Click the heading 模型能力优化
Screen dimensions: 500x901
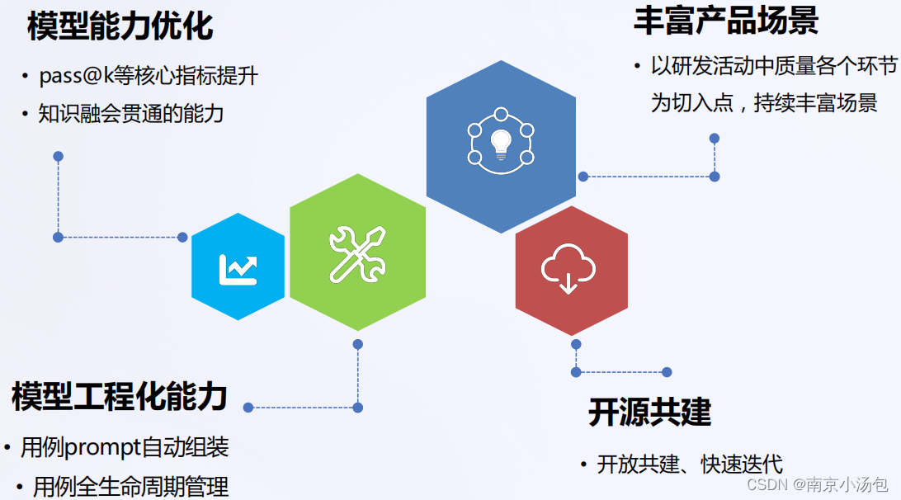[120, 26]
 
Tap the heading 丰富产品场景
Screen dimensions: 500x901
[725, 21]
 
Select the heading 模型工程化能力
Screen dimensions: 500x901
[120, 397]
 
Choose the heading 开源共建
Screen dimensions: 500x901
[650, 412]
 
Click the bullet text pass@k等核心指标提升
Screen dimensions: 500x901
[149, 77]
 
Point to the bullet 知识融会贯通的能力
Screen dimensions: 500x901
[131, 113]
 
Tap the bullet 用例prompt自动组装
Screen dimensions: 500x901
[125, 447]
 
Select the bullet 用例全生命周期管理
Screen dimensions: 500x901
[130, 486]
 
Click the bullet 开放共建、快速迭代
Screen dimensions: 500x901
[690, 464]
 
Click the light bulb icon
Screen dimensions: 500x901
[501, 143]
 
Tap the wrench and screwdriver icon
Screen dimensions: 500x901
[357, 253]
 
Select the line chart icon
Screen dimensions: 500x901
[238, 267]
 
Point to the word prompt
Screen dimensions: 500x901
[102, 447]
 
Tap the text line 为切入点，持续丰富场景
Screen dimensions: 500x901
[764, 104]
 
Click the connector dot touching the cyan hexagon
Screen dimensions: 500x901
[182, 237]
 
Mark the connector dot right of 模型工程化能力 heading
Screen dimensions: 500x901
[248, 407]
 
